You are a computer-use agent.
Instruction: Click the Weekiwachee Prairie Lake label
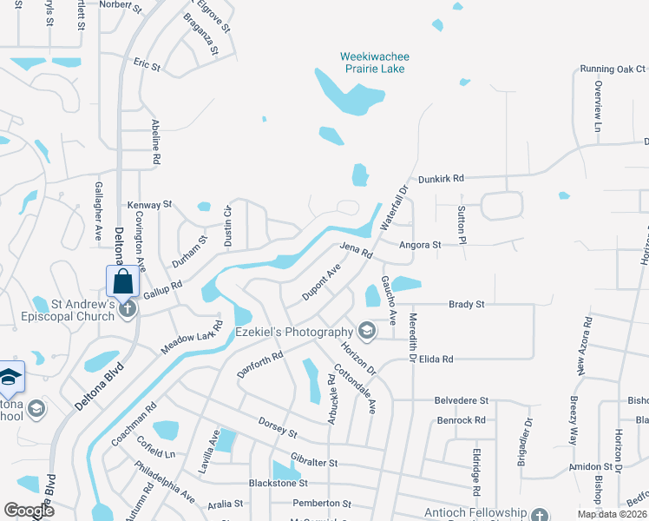pos(374,63)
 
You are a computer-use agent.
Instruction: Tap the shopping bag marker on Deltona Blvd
pos(122,281)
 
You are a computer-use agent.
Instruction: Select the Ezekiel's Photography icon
pos(366,331)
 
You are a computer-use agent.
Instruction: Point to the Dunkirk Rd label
pos(441,178)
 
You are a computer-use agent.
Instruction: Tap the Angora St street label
pos(420,246)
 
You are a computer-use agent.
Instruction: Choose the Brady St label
pos(466,305)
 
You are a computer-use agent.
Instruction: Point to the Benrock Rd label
pos(461,420)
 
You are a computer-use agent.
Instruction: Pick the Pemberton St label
pos(322,504)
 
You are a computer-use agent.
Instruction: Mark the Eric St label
pos(147,65)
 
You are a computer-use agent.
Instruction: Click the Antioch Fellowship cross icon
pos(540,515)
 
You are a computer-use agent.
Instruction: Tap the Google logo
pos(29,511)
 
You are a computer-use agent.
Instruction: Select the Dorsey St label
pos(278,427)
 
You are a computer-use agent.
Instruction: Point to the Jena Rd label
pos(356,252)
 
